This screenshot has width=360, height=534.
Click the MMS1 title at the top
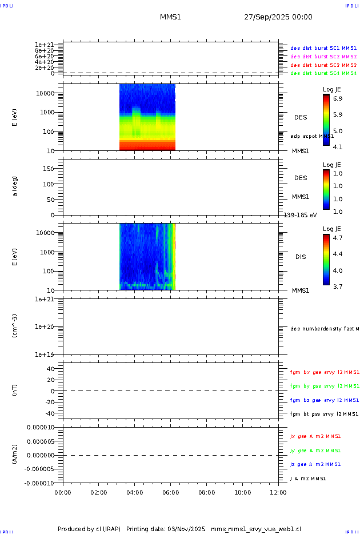170,17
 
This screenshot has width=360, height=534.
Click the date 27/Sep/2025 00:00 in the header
278,17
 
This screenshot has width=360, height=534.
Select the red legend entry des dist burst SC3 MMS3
323,65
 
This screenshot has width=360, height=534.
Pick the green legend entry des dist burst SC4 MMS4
323,73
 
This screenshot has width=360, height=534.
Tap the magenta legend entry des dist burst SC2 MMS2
323,57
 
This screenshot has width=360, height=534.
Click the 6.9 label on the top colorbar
338,99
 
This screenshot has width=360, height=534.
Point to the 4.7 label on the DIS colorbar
338,238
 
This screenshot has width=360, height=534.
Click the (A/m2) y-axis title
15,455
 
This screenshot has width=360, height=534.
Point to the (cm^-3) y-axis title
15,326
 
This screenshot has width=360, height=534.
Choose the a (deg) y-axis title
15,186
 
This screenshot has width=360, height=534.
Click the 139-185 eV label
300,215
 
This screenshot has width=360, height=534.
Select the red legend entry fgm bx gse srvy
324,372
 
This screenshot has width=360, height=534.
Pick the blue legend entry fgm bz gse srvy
324,400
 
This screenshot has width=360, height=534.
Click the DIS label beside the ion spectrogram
301,257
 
